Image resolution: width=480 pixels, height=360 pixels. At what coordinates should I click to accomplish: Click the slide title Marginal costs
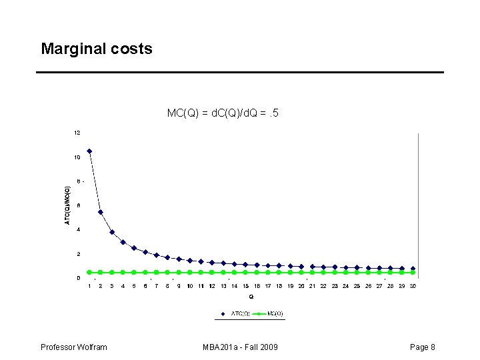[97, 49]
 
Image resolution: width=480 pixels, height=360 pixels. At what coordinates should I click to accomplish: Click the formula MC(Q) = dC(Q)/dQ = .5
[223, 113]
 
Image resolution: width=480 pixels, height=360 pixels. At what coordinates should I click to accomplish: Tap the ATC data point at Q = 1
[89, 151]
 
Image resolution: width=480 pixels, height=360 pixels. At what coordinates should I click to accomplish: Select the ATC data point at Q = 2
[101, 212]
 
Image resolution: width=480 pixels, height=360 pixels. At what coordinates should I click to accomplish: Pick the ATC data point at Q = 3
[112, 232]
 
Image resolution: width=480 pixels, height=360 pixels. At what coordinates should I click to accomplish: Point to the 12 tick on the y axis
[77, 133]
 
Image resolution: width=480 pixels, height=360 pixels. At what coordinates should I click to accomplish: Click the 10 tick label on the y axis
[77, 157]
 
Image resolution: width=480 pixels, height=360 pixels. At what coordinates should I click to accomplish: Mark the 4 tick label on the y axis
[78, 230]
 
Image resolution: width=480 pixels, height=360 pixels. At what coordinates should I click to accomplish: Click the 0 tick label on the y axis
[78, 278]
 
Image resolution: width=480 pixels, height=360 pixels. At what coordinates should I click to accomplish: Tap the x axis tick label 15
[245, 286]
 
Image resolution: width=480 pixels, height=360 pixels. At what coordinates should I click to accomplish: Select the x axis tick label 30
[413, 286]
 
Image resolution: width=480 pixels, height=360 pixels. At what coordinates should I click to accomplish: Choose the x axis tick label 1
[89, 286]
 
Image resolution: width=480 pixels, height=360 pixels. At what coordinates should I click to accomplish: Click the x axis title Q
[251, 296]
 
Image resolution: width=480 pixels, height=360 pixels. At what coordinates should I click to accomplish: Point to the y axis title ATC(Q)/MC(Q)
[67, 205]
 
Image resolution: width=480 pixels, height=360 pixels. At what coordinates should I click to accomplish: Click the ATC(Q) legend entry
[237, 313]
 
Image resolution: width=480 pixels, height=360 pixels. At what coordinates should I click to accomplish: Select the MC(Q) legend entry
[269, 313]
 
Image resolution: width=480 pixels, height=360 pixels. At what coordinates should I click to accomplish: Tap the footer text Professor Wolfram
[74, 347]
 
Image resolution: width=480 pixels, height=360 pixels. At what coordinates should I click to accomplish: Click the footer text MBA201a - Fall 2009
[241, 347]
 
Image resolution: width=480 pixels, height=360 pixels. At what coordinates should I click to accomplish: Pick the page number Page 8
[423, 347]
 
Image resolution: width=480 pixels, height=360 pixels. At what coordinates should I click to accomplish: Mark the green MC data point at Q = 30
[413, 272]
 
